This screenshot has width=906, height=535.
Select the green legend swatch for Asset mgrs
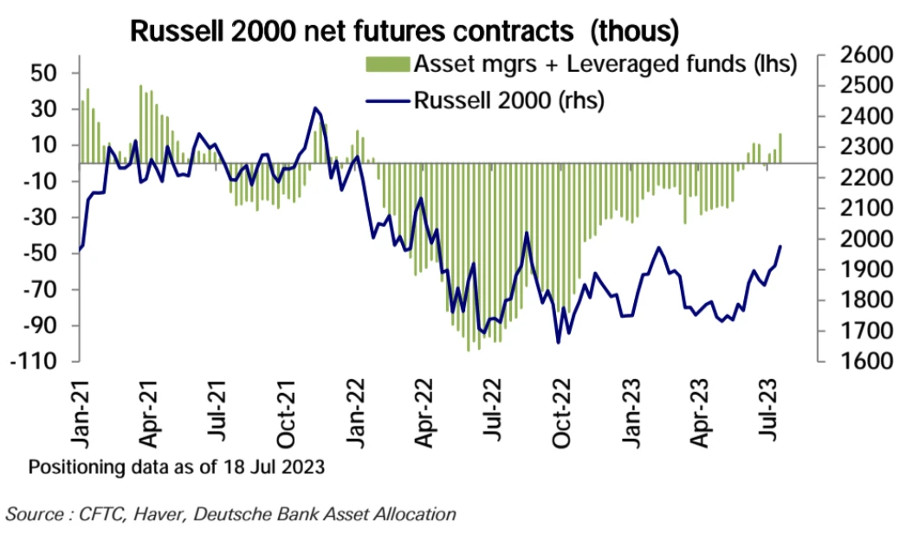coord(387,64)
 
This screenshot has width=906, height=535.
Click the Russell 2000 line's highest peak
coord(314,108)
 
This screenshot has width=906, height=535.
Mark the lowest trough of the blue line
coord(558,342)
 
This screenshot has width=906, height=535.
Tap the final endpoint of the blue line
coord(780,247)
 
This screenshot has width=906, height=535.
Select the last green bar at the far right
coord(780,147)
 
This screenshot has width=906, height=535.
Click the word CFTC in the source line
coord(95,514)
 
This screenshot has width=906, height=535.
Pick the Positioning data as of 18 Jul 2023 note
coord(177,468)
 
